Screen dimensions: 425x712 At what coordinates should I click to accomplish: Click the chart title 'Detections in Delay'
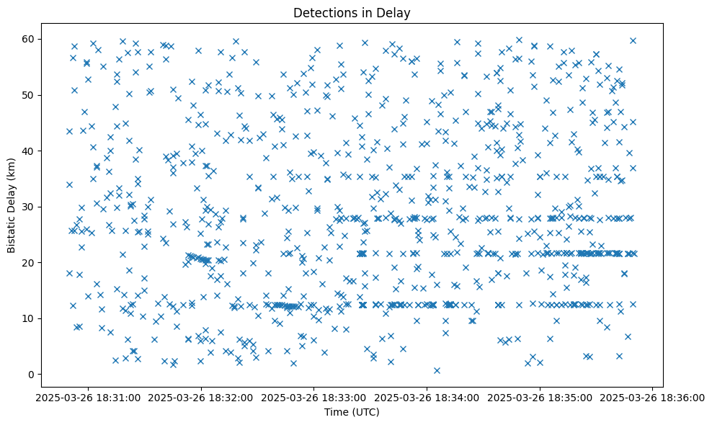352,12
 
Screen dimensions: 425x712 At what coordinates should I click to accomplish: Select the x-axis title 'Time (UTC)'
352,413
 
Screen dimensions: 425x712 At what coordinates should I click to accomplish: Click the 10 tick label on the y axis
32,318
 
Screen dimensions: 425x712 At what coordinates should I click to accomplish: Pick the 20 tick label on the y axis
32,263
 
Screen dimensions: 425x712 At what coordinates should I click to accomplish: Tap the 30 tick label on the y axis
32,207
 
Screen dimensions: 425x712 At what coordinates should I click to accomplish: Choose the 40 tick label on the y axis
32,151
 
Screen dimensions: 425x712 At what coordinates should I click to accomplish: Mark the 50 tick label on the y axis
32,95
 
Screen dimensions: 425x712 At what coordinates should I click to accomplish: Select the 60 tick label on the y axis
32,39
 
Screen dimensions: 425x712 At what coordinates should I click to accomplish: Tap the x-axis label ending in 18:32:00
201,398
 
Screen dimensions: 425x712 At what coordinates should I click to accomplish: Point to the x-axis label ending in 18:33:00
314,398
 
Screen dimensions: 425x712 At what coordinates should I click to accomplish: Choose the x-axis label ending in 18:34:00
427,398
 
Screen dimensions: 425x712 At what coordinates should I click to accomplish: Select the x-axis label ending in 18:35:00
540,398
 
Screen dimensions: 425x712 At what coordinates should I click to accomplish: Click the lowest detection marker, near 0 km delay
437,370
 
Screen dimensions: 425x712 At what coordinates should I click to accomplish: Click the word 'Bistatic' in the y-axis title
12,231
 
